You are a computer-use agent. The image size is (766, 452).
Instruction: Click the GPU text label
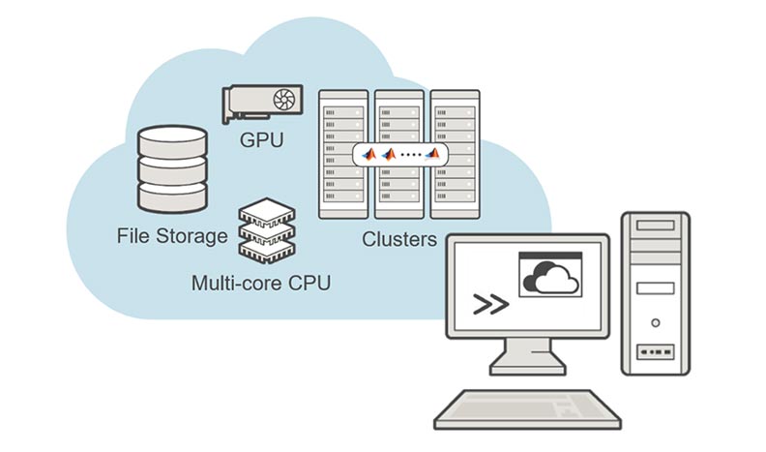[x=261, y=140]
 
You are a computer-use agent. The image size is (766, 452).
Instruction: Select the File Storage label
[x=171, y=235]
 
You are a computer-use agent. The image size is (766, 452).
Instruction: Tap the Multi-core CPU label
[x=260, y=283]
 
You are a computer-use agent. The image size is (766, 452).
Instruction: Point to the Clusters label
[x=399, y=239]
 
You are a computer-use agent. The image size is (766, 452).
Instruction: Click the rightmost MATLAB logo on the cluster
[x=436, y=155]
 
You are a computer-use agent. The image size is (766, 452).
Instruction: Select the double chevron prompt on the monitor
[x=491, y=305]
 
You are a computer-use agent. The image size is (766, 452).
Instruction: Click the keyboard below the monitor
[x=527, y=409]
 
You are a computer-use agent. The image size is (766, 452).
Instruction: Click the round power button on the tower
[x=655, y=321]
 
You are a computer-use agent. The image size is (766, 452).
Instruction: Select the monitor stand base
[x=527, y=367]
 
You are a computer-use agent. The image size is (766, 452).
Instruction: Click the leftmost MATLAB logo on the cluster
[x=368, y=155]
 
